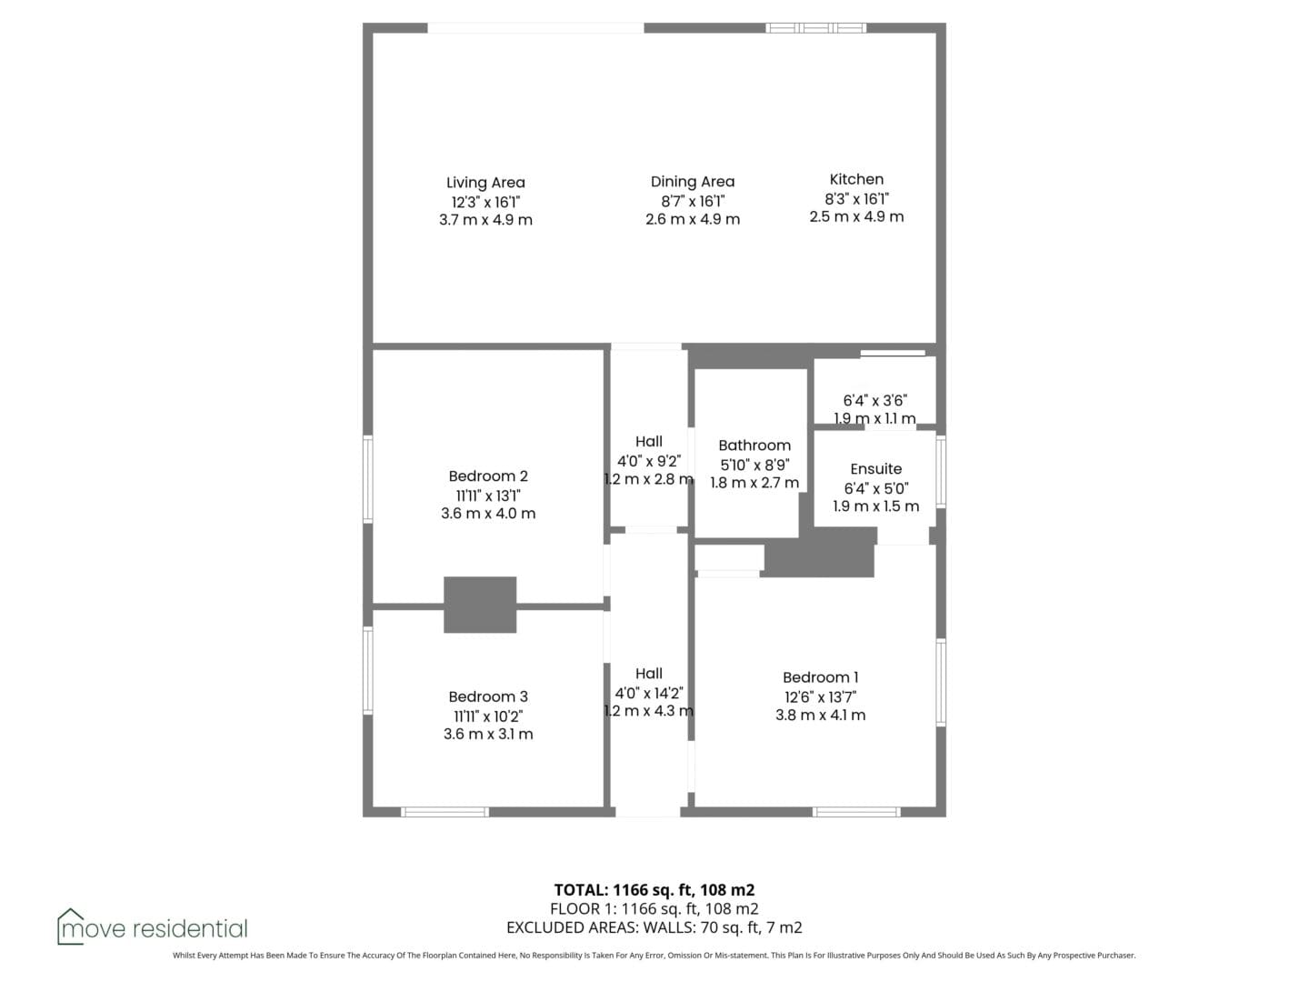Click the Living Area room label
click(x=485, y=183)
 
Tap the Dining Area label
click(x=693, y=181)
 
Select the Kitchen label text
click(x=856, y=179)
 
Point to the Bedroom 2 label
click(x=488, y=476)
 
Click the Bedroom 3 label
click(x=488, y=696)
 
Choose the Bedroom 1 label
click(x=820, y=677)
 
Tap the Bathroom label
click(x=754, y=446)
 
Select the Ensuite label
click(x=875, y=468)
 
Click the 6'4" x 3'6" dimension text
click(x=874, y=401)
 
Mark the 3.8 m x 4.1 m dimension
click(x=820, y=715)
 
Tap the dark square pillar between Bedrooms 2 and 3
click(x=480, y=605)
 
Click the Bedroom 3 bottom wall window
click(x=445, y=811)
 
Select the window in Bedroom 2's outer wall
click(x=368, y=479)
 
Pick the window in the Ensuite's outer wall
click(x=941, y=472)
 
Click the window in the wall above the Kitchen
click(x=815, y=27)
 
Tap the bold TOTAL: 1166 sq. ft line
click(x=654, y=889)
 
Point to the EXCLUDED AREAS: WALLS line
click(x=654, y=927)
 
